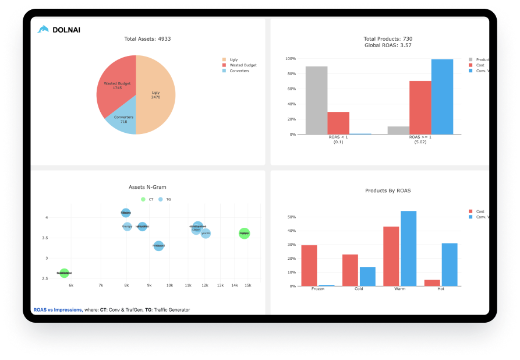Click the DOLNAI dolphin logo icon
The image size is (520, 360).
[43, 29]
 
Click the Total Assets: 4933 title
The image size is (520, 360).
[147, 39]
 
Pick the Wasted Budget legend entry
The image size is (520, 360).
[242, 65]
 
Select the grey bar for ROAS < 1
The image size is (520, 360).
[316, 100]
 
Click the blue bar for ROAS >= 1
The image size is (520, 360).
[442, 97]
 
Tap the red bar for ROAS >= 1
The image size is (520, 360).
[420, 107]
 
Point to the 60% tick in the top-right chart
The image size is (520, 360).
[289, 89]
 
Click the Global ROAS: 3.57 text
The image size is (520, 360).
[388, 45]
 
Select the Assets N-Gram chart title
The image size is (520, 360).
[147, 187]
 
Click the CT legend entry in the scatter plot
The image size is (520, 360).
[148, 199]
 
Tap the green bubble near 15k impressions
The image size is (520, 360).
[245, 234]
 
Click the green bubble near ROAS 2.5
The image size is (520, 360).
[64, 273]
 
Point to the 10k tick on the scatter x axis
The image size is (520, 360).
[169, 285]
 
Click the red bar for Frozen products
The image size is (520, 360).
[309, 265]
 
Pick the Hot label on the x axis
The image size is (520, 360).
[441, 290]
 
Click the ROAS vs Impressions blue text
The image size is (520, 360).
[57, 309]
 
